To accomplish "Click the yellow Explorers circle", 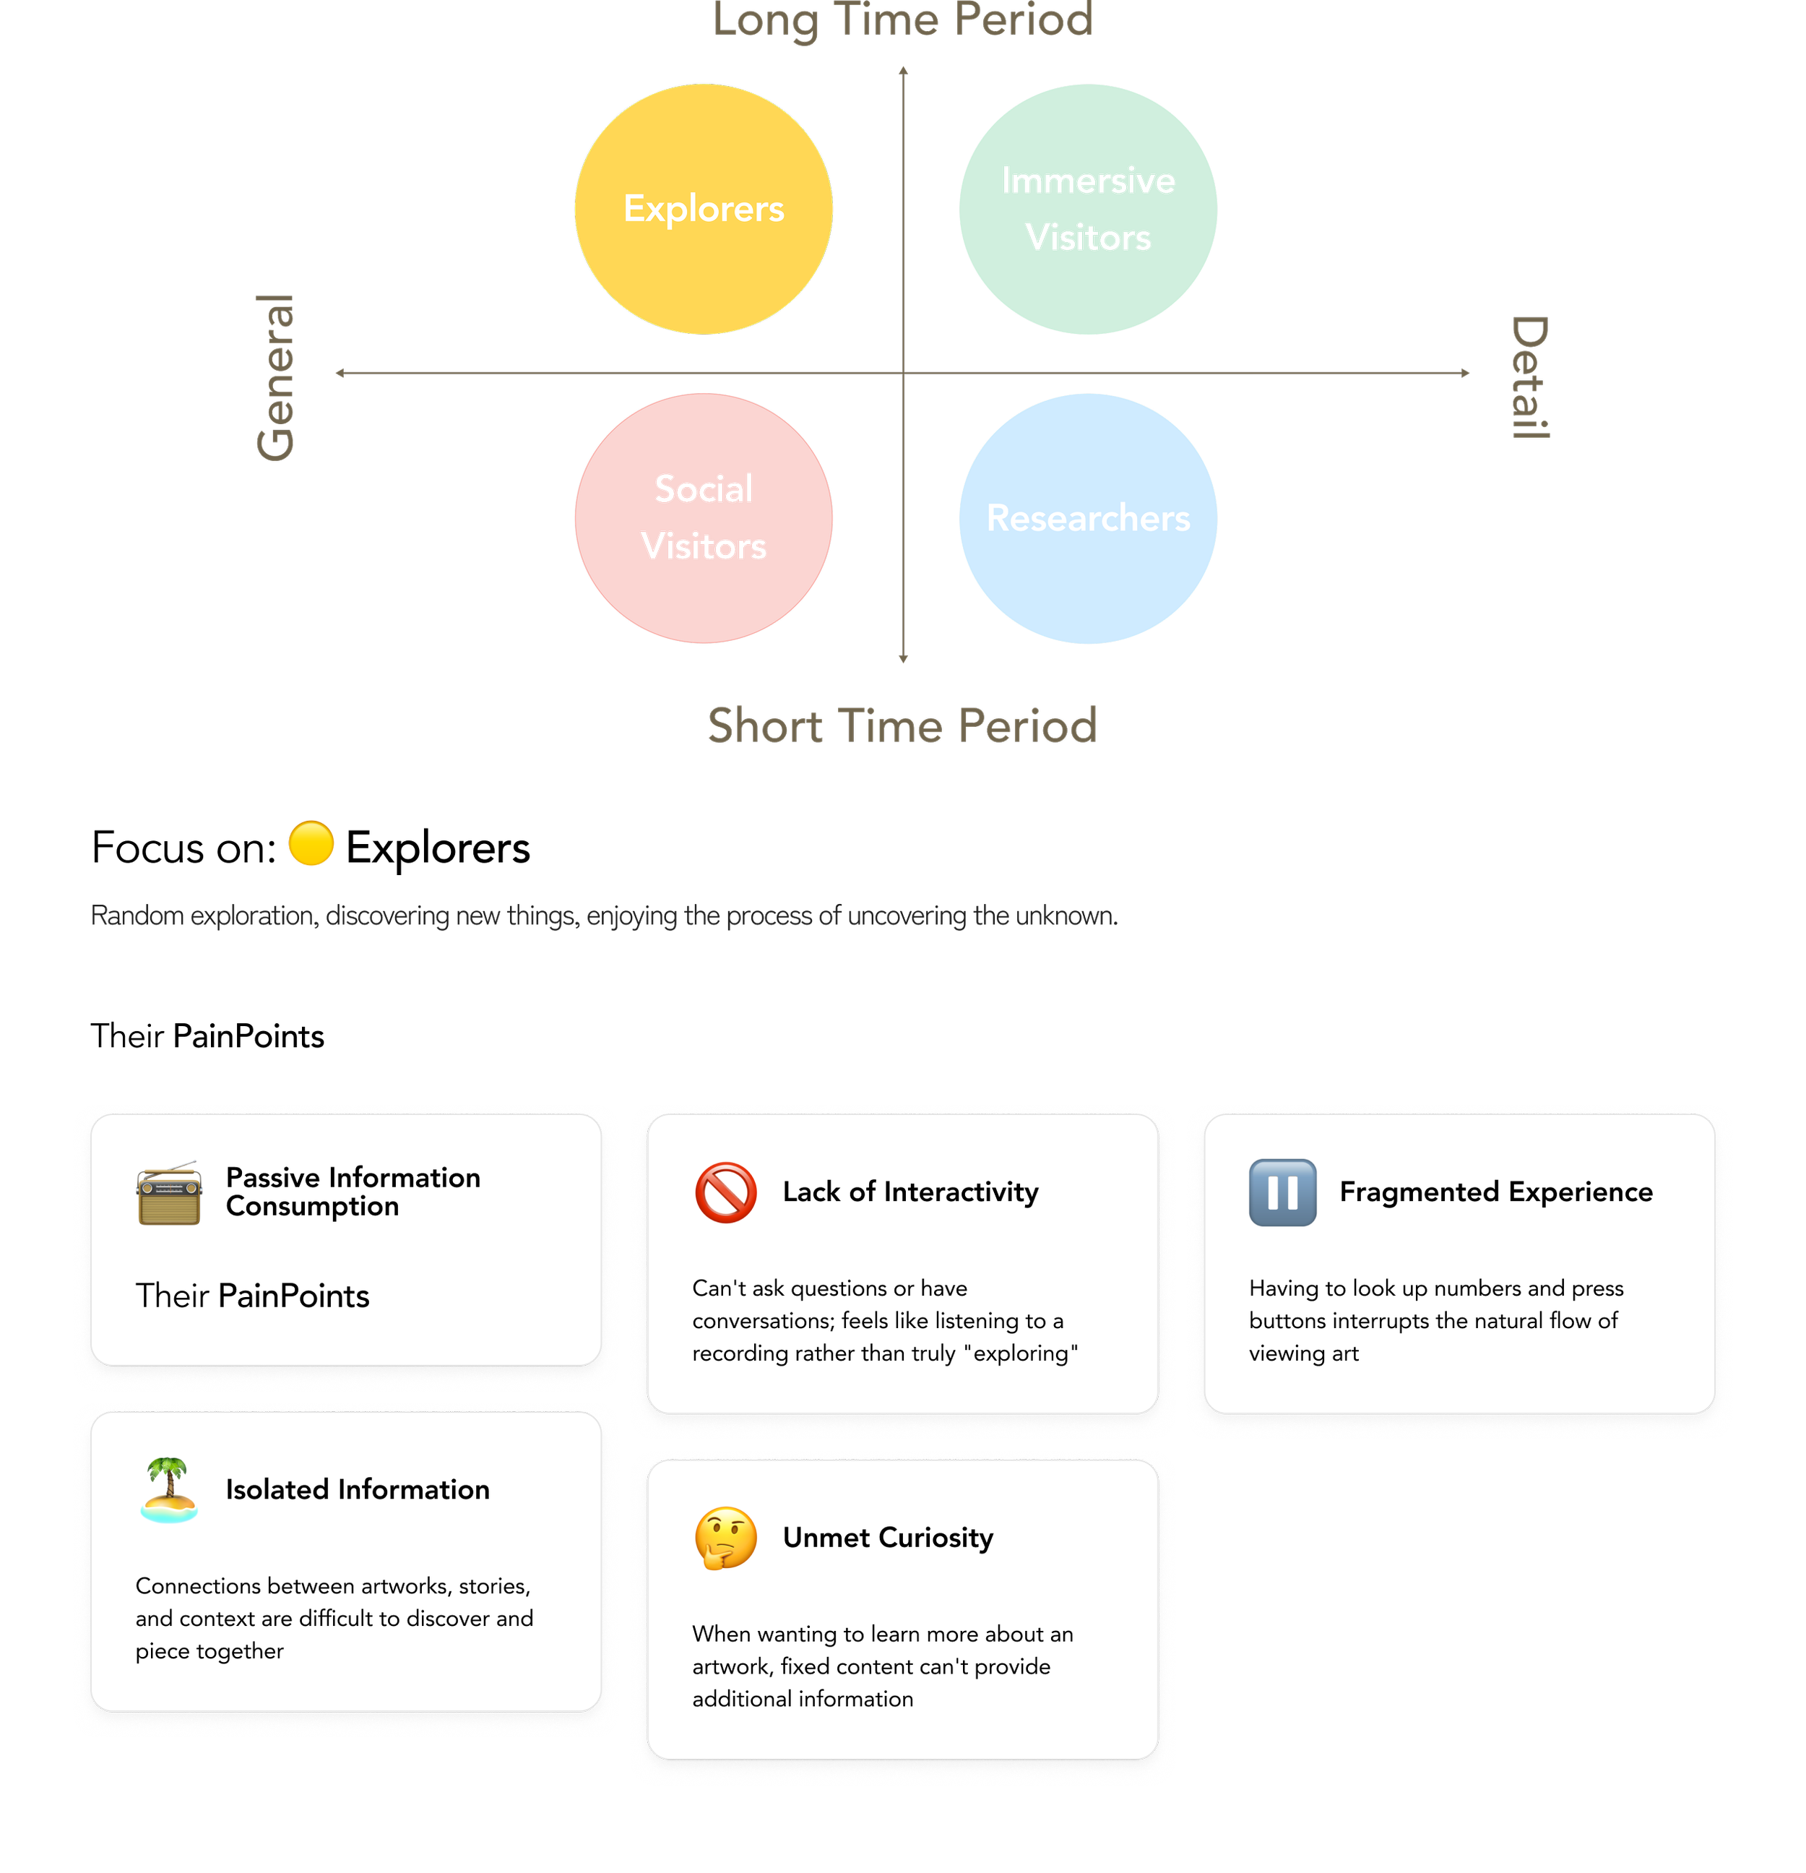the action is tap(704, 210).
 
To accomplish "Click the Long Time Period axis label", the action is tap(903, 21).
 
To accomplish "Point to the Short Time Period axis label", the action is tap(903, 725).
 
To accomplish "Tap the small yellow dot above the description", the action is tap(311, 843).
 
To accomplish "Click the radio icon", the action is tap(169, 1194).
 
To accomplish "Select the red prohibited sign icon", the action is tap(726, 1192).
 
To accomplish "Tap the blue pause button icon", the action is tap(1282, 1192).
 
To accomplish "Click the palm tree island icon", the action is tap(169, 1490).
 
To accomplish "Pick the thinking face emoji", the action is tap(726, 1538).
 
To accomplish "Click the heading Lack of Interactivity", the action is tap(910, 1192).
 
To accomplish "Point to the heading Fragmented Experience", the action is tap(1495, 1192).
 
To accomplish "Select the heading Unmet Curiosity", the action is tap(888, 1538).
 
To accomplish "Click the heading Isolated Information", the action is tap(358, 1490).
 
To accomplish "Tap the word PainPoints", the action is tap(293, 1296).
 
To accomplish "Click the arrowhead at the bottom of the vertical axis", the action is tap(903, 658).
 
